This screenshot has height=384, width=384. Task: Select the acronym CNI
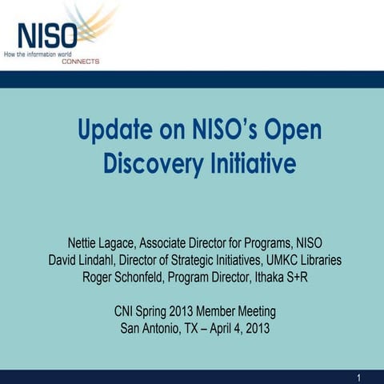[x=127, y=310]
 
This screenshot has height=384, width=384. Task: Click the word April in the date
[x=226, y=327]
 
